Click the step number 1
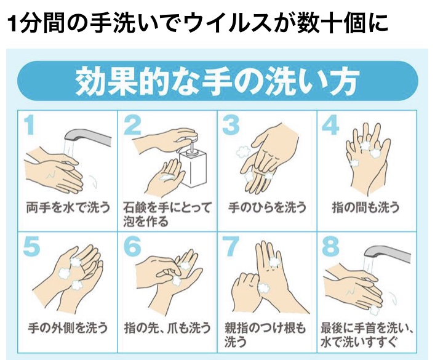pyautogui.click(x=30, y=125)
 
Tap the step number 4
pyautogui.click(x=330, y=125)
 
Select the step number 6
pyautogui.click(x=132, y=246)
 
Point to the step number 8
pyautogui.click(x=330, y=246)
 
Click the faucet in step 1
pyautogui.click(x=87, y=137)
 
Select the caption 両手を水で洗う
pyautogui.click(x=68, y=207)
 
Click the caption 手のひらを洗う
pyautogui.click(x=267, y=207)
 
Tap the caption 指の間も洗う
pyautogui.click(x=366, y=207)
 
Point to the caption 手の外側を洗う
pyautogui.click(x=68, y=328)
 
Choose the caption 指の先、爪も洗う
pyautogui.click(x=167, y=328)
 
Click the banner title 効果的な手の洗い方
pyautogui.click(x=217, y=81)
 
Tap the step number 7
pyautogui.click(x=232, y=246)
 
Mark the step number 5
pyautogui.click(x=31, y=246)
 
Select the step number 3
pyautogui.click(x=231, y=125)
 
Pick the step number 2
pyautogui.click(x=132, y=125)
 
